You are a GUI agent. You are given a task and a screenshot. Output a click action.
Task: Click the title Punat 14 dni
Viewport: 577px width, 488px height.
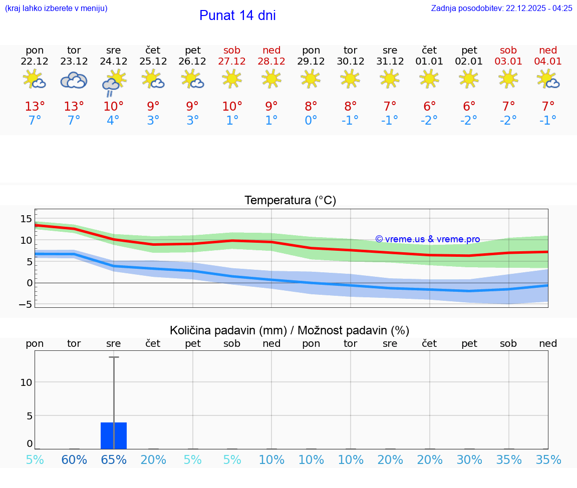point(237,16)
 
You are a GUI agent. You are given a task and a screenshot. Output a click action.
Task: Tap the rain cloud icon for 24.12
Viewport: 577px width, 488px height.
point(114,83)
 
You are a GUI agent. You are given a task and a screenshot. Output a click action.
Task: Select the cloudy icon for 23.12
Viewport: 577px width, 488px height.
point(74,80)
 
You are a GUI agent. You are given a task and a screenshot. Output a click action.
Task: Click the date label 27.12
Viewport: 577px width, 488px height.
point(232,62)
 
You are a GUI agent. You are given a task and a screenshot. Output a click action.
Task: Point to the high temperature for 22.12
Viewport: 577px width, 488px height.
point(35,107)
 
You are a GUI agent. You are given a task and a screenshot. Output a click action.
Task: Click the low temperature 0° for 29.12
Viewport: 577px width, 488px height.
point(311,121)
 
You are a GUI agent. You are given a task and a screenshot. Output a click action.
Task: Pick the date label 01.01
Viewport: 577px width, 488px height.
point(429,62)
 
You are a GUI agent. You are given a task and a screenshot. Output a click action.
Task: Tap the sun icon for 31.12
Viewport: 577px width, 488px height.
point(390,79)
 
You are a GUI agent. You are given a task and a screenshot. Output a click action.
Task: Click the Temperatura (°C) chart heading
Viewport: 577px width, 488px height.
point(290,201)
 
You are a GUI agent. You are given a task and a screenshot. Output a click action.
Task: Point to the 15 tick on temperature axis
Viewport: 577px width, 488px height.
point(26,219)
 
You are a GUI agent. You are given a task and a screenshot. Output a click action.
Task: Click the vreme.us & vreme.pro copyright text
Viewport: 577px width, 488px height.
point(427,239)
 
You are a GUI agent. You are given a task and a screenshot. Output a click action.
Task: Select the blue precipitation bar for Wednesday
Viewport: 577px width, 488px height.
point(114,435)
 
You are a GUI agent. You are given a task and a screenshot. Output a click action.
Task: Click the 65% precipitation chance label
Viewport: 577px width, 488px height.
point(114,460)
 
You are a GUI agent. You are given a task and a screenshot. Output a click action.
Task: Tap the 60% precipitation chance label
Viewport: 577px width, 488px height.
point(74,460)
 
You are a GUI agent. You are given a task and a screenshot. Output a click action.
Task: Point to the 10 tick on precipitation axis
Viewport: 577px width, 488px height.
point(26,382)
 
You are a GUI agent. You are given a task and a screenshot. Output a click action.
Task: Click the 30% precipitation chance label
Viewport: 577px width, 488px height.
point(469,460)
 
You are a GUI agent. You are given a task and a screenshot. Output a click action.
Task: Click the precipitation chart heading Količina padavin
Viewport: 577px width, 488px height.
point(290,330)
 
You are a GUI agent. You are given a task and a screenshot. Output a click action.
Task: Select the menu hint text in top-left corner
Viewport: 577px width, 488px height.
point(56,8)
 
